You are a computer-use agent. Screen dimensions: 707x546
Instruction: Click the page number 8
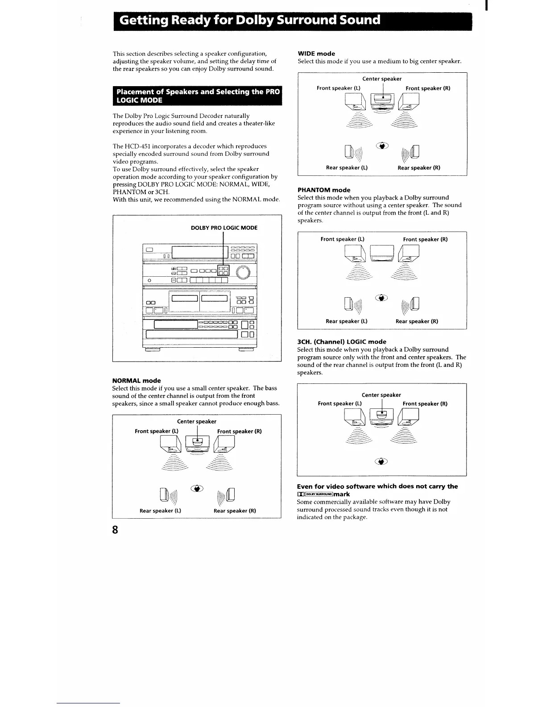click(116, 530)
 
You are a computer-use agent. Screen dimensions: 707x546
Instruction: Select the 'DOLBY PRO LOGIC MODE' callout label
click(224, 228)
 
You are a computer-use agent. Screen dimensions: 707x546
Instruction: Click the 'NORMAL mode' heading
click(136, 381)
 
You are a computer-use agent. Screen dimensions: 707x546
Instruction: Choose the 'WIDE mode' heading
click(316, 54)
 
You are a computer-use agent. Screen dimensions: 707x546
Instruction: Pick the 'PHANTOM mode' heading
click(324, 190)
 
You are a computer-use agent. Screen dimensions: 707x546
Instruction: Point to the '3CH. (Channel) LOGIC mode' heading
click(342, 342)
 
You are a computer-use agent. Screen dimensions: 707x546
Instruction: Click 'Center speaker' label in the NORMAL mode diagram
click(196, 421)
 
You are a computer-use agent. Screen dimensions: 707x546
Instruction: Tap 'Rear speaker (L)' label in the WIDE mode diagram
click(347, 168)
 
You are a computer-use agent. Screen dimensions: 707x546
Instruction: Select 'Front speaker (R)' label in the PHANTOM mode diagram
click(425, 239)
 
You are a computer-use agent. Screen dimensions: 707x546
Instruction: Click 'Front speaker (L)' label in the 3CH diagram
click(339, 403)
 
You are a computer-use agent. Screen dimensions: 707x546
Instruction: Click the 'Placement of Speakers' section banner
click(198, 96)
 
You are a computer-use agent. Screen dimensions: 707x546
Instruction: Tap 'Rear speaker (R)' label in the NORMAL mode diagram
click(235, 511)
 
